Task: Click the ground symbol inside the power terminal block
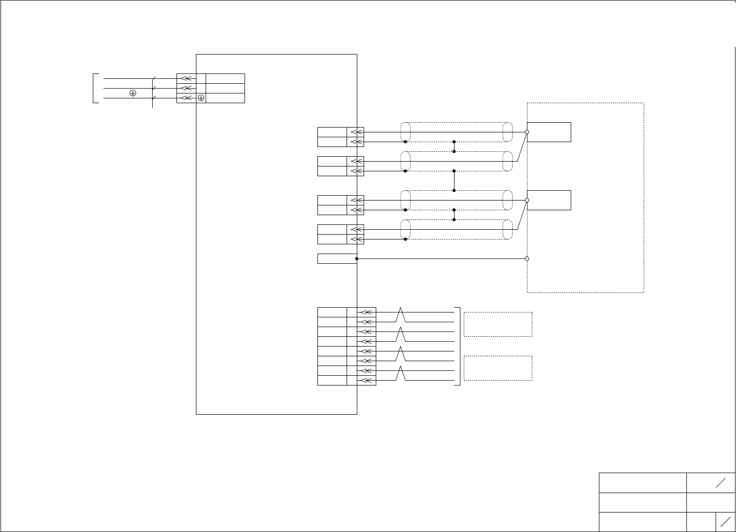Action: pyautogui.click(x=201, y=98)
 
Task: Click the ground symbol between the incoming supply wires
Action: pyautogui.click(x=133, y=92)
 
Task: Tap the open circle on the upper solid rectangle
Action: pyautogui.click(x=527, y=132)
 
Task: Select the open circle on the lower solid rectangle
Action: pyautogui.click(x=527, y=200)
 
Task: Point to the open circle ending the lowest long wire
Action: pyautogui.click(x=527, y=258)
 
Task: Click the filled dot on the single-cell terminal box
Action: pyautogui.click(x=357, y=258)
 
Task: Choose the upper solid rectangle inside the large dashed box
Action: pyautogui.click(x=549, y=132)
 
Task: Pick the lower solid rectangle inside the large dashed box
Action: pyautogui.click(x=549, y=200)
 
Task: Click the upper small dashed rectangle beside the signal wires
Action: pyautogui.click(x=498, y=324)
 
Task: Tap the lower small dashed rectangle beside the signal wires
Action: pyautogui.click(x=498, y=368)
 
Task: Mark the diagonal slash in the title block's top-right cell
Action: pyautogui.click(x=720, y=482)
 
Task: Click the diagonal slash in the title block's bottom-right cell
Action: pyautogui.click(x=726, y=522)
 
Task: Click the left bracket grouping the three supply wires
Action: pyautogui.click(x=94, y=88)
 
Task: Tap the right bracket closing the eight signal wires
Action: pyautogui.click(x=458, y=346)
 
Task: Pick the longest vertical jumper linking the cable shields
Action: pyautogui.click(x=454, y=181)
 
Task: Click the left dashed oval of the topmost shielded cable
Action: pyautogui.click(x=405, y=132)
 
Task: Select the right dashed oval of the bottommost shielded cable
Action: pyautogui.click(x=508, y=229)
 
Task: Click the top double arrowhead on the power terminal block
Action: pyautogui.click(x=187, y=78)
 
